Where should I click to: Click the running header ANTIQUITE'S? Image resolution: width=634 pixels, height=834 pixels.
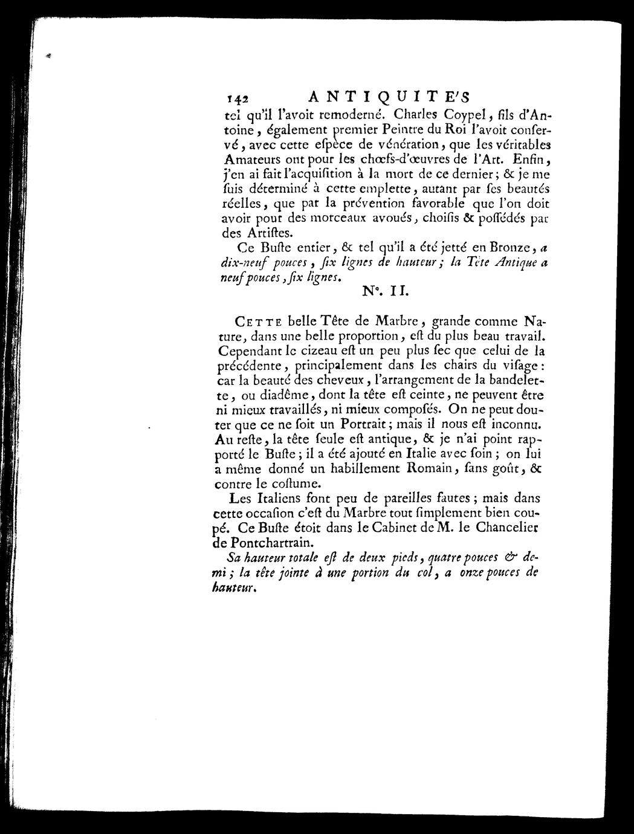389,96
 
